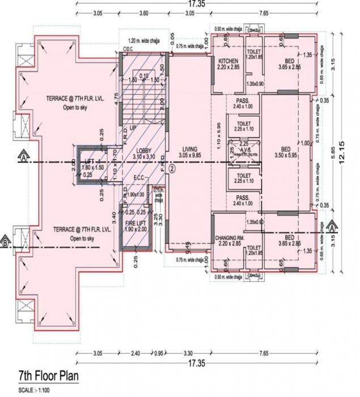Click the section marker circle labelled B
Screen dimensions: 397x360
(x=6, y=244)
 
